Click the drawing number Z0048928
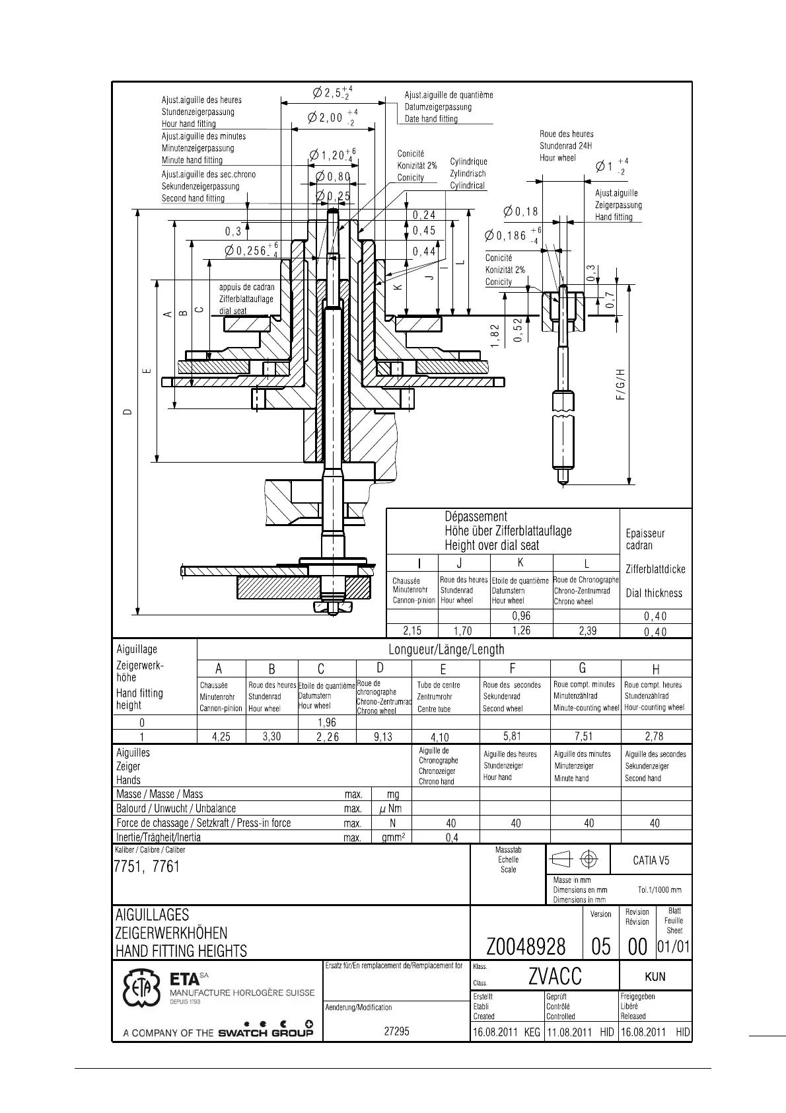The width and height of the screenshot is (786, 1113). [x=526, y=947]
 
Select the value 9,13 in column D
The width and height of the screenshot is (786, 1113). [x=382, y=736]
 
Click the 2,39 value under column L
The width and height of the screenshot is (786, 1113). [x=587, y=631]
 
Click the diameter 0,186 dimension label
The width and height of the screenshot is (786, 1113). [x=506, y=236]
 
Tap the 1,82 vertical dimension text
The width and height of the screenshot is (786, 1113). [x=495, y=336]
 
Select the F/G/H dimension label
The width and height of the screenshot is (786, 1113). [x=620, y=385]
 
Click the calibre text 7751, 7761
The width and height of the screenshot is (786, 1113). [x=147, y=866]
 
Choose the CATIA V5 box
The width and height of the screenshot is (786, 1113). [x=651, y=860]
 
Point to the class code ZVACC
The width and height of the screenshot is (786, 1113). [x=555, y=976]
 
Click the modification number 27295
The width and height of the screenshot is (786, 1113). [x=396, y=1031]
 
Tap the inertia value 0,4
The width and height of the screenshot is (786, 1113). [x=452, y=837]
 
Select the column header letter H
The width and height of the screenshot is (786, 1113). [x=656, y=670]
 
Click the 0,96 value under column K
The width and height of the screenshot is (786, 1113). [x=521, y=616]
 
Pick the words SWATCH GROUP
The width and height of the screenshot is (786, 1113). [x=266, y=1032]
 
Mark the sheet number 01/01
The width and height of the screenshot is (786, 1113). [x=674, y=947]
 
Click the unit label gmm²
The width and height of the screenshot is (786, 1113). [x=393, y=837]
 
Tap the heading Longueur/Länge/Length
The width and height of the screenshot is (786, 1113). [x=446, y=650]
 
